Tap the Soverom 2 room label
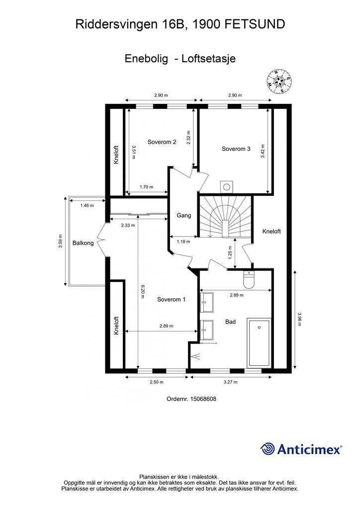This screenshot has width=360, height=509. pyautogui.click(x=162, y=142)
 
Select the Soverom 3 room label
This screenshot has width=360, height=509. pyautogui.click(x=236, y=149)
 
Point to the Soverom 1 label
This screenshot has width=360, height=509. pyautogui.click(x=171, y=299)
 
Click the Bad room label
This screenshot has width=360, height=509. pyautogui.click(x=230, y=322)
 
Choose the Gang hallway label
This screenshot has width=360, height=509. pyautogui.click(x=184, y=216)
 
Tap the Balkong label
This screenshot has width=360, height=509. pyautogui.click(x=83, y=243)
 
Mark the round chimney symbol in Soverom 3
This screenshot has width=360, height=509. pyautogui.click(x=227, y=187)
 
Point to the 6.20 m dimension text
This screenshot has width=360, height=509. pyautogui.click(x=142, y=291)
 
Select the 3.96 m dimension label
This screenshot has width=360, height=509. pyautogui.click(x=299, y=319)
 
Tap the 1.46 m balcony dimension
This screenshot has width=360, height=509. pyautogui.click(x=87, y=205)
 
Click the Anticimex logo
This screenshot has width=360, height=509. pyautogui.click(x=301, y=449)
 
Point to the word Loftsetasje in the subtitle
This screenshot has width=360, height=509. pyautogui.click(x=209, y=58)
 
